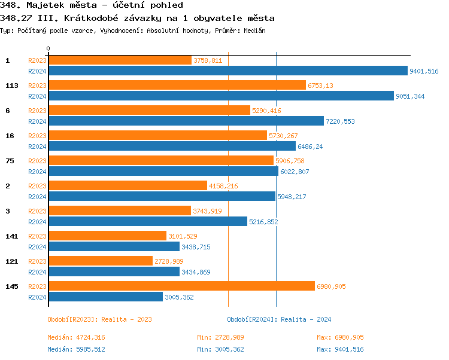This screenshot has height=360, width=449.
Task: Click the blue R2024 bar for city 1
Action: coord(227,71)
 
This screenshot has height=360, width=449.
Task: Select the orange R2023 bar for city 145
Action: coord(181,286)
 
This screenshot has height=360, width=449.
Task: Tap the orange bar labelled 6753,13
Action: coord(177,86)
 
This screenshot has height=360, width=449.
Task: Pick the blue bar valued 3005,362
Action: coord(105,297)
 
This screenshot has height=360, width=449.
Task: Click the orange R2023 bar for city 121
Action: coord(100,261)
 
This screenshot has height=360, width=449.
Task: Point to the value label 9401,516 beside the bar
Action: coord(424,71)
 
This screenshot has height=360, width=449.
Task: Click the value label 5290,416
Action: coord(266,111)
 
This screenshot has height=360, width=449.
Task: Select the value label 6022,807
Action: coord(295,172)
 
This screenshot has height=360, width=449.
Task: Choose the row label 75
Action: coord(10,161)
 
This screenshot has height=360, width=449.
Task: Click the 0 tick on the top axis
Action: coord(48,48)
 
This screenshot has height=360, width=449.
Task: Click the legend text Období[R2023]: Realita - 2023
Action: coord(99,319)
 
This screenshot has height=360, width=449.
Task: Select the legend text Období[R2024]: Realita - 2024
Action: coord(279,319)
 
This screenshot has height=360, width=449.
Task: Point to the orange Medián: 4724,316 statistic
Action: coord(76,337)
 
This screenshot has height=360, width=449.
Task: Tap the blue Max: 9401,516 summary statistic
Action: coord(340,349)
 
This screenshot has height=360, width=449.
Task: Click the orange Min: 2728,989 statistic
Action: coord(220,337)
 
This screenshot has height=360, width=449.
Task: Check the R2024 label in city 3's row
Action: coord(37,222)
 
